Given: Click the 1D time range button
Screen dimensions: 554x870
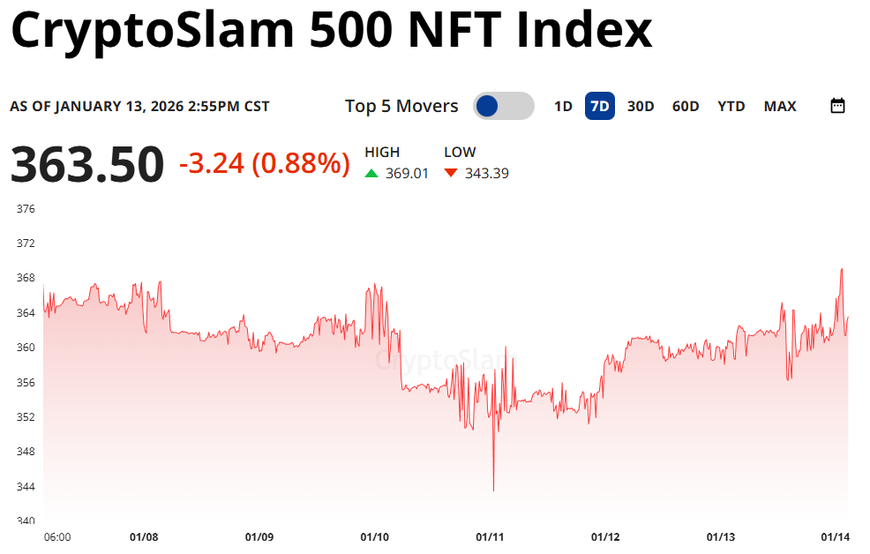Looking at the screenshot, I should [563, 107].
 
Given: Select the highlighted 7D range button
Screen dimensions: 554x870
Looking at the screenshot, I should [600, 107].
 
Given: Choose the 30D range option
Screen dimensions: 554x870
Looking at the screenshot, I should [641, 107].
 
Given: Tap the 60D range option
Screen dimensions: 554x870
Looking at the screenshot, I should [686, 107].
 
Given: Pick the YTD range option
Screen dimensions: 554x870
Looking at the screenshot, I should [731, 107].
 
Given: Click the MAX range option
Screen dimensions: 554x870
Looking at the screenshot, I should [780, 107].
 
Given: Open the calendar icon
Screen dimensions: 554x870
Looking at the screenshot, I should [838, 106].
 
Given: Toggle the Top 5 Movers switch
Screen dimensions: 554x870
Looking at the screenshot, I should [503, 106].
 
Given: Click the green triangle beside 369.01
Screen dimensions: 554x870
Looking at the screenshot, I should [371, 173].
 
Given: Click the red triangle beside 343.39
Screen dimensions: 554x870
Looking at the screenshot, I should [451, 173].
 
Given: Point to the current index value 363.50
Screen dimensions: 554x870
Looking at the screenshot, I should [87, 165].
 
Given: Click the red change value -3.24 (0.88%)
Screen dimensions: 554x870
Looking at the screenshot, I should [264, 163].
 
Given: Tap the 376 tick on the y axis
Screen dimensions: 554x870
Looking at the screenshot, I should [26, 209].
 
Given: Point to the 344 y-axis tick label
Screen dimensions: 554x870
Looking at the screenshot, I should [26, 486].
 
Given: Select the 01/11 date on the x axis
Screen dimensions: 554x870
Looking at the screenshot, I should [490, 536].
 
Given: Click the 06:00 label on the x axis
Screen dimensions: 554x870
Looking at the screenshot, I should [57, 536].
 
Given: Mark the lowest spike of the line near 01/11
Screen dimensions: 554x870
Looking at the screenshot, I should [493, 490].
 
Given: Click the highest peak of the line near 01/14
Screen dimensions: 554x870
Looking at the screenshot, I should [842, 269].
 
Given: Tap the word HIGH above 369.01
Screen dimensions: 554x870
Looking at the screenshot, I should [382, 153].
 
